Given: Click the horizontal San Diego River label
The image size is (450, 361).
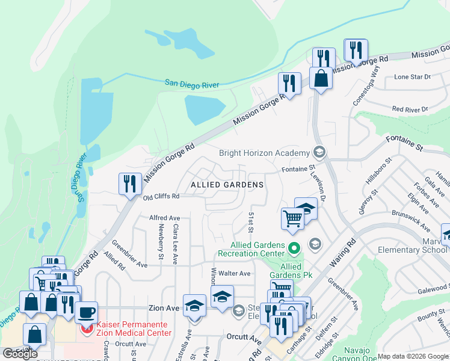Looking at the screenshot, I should pyautogui.click(x=192, y=84).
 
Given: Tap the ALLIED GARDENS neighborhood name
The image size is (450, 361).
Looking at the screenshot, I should pyautogui.click(x=227, y=184).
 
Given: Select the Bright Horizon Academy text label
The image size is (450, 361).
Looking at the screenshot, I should pyautogui.click(x=264, y=153).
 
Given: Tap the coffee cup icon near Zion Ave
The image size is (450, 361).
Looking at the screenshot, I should pyautogui.click(x=87, y=312).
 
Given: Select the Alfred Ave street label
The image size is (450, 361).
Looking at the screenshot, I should pyautogui.click(x=165, y=218).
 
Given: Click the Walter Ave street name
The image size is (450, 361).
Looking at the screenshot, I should pyautogui.click(x=234, y=273).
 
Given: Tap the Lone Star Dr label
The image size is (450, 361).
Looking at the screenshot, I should pyautogui.click(x=412, y=77).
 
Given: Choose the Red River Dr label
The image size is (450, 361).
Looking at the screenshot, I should pyautogui.click(x=409, y=109).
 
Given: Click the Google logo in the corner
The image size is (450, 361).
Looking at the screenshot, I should pyautogui.click(x=20, y=354).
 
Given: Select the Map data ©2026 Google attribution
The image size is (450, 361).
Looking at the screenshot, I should pyautogui.click(x=413, y=357).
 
